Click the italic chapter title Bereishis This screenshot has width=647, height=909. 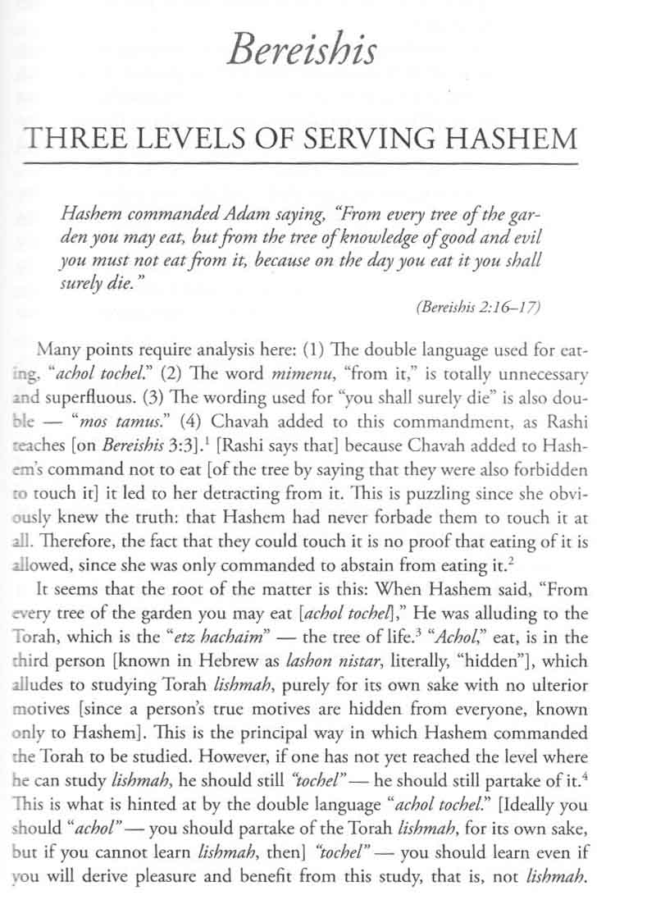tap(304, 49)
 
